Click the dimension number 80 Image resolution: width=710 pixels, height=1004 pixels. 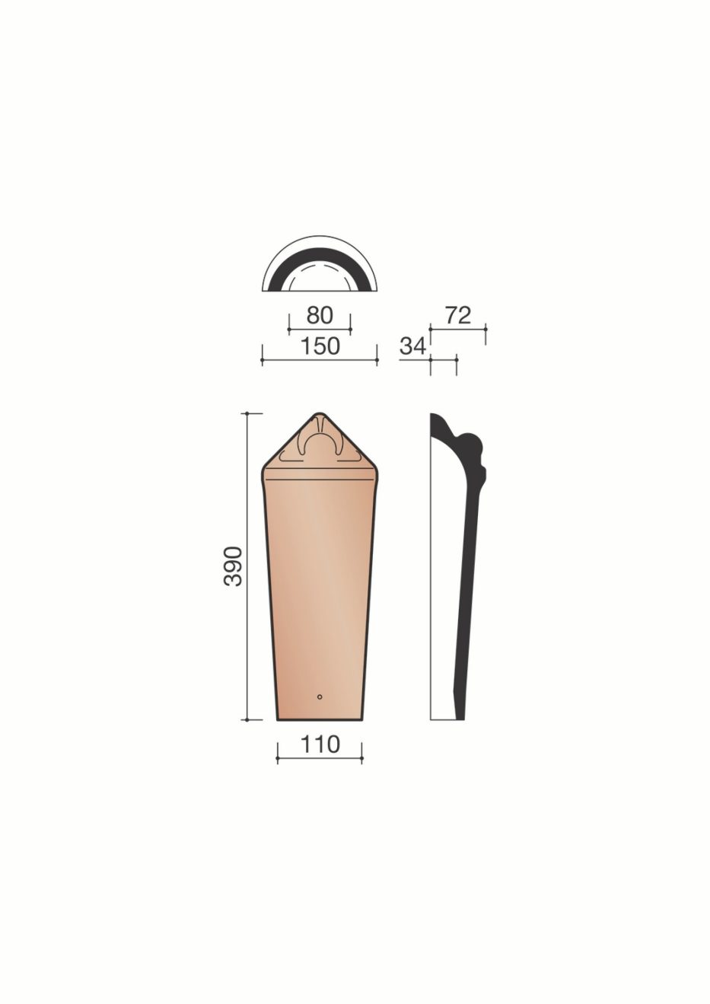(x=320, y=316)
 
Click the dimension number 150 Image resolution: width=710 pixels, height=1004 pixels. (x=320, y=346)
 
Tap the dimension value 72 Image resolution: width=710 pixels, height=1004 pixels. (x=458, y=316)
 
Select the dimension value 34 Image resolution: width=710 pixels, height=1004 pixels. (x=412, y=346)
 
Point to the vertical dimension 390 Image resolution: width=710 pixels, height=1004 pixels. (x=233, y=566)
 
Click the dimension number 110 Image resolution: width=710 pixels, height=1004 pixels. (x=320, y=744)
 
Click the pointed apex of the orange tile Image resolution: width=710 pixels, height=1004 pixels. (x=319, y=413)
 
